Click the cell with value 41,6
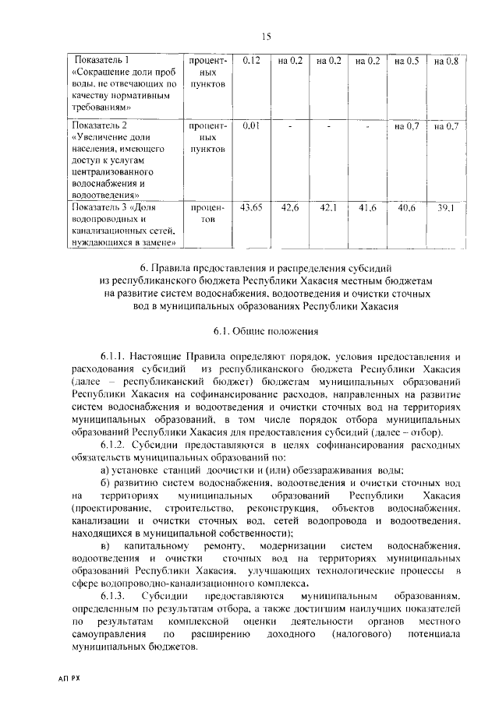tap(367, 208)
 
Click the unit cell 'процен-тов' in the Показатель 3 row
tap(206, 214)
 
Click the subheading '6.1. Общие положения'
tap(264, 331)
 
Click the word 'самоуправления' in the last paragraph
tap(108, 636)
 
